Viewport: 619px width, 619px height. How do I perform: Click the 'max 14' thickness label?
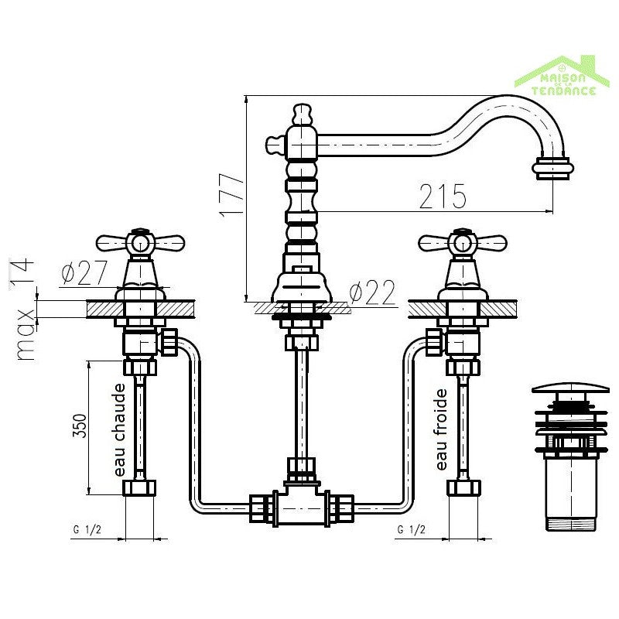click(x=25, y=309)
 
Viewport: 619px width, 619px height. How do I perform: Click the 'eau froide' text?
click(x=442, y=429)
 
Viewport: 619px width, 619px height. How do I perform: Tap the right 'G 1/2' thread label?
click(x=410, y=529)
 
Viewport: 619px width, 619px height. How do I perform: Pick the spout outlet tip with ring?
click(x=554, y=167)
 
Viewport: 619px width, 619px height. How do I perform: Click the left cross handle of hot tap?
click(x=140, y=244)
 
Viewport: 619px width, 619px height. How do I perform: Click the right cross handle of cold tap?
click(x=462, y=244)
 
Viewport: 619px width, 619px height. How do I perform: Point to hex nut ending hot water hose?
click(x=140, y=488)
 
